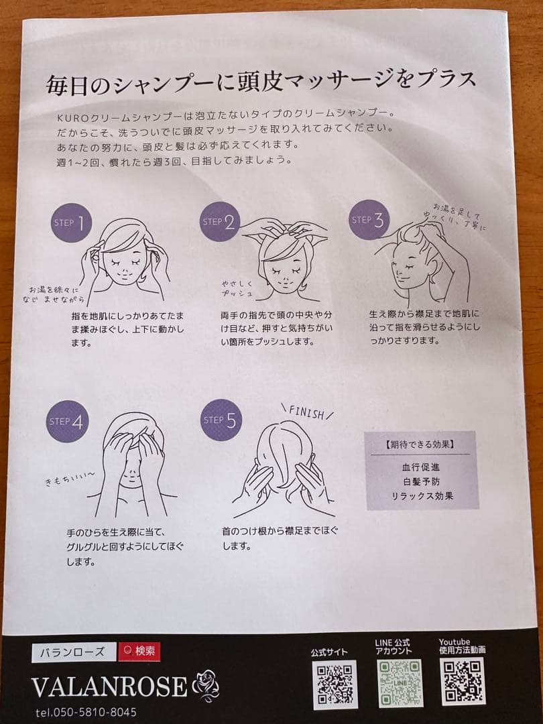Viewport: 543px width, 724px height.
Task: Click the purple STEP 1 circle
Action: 71,223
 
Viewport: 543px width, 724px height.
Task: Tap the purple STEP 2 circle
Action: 221,222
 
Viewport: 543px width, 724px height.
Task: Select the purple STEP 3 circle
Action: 369,219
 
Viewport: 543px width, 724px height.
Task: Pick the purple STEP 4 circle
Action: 67,421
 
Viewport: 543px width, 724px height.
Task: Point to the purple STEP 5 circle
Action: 221,420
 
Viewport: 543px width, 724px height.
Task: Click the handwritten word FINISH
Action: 307,412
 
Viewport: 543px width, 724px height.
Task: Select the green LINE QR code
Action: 400,683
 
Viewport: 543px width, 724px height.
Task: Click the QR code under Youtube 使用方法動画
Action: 463,681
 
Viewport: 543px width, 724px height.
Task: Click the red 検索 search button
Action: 139,652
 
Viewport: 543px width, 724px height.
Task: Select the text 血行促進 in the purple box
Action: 420,467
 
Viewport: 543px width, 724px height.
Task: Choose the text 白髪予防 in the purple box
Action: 420,481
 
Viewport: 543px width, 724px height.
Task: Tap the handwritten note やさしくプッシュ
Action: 237,288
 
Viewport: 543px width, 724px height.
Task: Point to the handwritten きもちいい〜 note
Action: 70,479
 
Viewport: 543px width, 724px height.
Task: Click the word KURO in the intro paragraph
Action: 69,118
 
